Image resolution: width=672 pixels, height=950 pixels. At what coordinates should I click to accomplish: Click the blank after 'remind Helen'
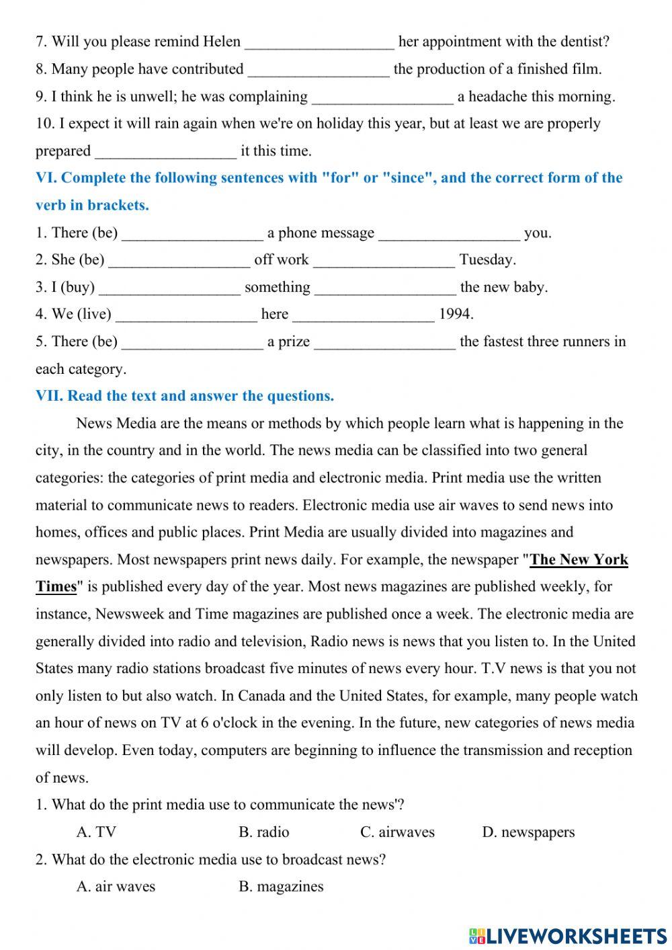[319, 42]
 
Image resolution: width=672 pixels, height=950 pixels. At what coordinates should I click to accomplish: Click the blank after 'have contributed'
[319, 69]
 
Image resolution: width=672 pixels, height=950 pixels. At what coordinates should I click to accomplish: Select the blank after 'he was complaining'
[383, 97]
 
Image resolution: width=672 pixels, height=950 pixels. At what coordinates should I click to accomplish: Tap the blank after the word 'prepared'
[166, 151]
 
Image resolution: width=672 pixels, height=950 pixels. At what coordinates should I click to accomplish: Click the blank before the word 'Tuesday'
[384, 260]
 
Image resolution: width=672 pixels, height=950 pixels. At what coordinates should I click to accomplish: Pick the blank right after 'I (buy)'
[170, 288]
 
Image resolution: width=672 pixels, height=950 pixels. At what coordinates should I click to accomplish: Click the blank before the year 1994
[364, 315]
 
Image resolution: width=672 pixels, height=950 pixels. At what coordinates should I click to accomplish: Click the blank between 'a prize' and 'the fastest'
[384, 342]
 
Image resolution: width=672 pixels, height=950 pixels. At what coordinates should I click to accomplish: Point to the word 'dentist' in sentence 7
[583, 42]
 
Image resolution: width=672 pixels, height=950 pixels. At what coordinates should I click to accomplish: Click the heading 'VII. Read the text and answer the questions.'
[185, 396]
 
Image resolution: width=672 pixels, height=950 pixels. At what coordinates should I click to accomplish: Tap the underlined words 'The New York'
[579, 559]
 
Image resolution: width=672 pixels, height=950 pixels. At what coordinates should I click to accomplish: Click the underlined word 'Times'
[56, 586]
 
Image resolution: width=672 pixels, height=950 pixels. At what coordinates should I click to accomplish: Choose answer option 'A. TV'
[96, 832]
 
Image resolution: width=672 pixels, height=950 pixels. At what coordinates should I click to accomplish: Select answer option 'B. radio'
[263, 832]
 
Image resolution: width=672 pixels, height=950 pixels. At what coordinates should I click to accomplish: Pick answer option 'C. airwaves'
[397, 832]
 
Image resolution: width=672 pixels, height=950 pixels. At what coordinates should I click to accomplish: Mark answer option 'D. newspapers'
[528, 832]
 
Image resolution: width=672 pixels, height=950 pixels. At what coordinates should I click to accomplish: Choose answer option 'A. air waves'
[116, 887]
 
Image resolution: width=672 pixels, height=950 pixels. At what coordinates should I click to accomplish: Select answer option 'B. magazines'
[281, 887]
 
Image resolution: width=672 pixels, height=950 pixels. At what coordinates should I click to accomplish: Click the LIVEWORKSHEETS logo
[568, 935]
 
